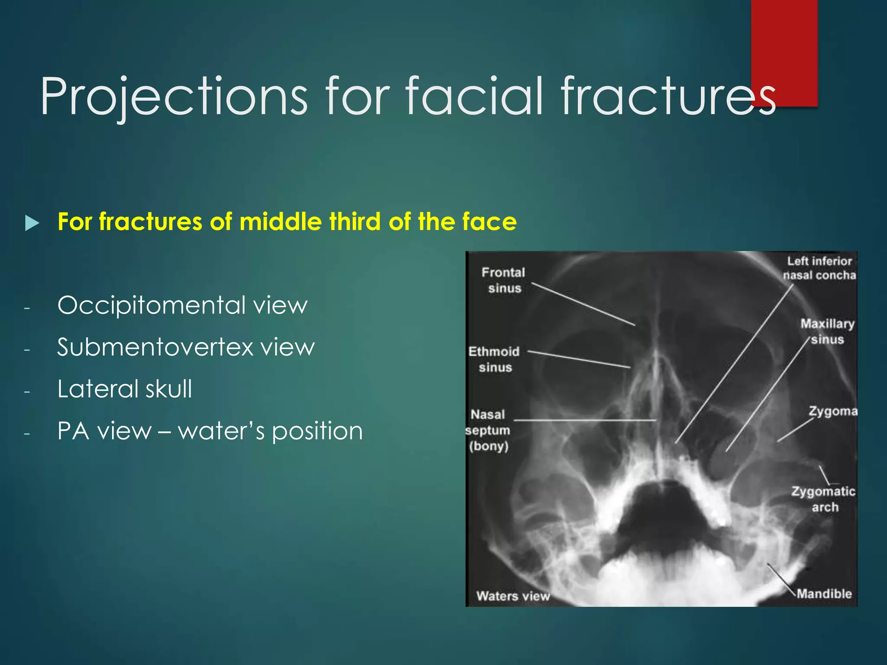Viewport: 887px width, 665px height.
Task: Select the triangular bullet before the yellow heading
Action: coord(32,223)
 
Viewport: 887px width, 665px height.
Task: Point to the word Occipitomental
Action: coord(152,306)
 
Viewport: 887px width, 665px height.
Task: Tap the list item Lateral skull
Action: coord(125,389)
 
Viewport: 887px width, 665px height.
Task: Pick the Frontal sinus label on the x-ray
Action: coord(504,280)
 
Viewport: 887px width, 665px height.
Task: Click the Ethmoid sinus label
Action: coord(494,359)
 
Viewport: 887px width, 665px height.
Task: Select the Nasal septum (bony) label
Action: coord(488,430)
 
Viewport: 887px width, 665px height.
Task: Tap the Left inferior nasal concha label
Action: coord(819,268)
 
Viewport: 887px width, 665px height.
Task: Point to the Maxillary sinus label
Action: coord(827,332)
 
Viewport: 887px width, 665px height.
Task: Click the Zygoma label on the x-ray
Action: coord(832,411)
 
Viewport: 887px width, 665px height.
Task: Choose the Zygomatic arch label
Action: coord(823,499)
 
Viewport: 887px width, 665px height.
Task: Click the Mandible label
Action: coord(824,594)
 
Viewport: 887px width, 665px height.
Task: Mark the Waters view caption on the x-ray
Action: coord(513,596)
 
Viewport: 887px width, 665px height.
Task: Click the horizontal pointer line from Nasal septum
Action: coord(585,420)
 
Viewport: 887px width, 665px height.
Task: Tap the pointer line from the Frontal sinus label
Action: coord(583,304)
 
